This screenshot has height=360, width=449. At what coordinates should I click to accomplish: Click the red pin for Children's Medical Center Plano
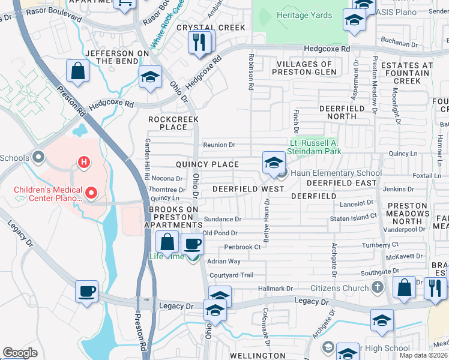pyautogui.click(x=91, y=193)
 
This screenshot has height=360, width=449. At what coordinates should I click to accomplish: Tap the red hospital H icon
pyautogui.click(x=85, y=162)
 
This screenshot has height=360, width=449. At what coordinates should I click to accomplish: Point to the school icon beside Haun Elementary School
pyautogui.click(x=273, y=163)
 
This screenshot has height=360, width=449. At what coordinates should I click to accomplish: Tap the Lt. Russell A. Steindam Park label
pyautogui.click(x=314, y=147)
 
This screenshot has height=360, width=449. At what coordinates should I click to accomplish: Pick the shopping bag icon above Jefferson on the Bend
pyautogui.click(x=78, y=71)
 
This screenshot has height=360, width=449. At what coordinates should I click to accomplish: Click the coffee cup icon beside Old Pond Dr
pyautogui.click(x=192, y=244)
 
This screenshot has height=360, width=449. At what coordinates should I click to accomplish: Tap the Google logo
pyautogui.click(x=20, y=353)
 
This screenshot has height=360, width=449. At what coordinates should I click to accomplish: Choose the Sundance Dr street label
pyautogui.click(x=222, y=220)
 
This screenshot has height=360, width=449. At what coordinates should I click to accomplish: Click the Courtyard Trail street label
pyautogui.click(x=231, y=275)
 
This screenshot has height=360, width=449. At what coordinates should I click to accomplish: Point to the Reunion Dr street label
pyautogui.click(x=218, y=145)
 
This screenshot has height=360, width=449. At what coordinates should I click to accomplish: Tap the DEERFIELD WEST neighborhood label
pyautogui.click(x=248, y=188)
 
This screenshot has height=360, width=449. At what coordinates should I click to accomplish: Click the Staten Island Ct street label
pyautogui.click(x=357, y=215)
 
